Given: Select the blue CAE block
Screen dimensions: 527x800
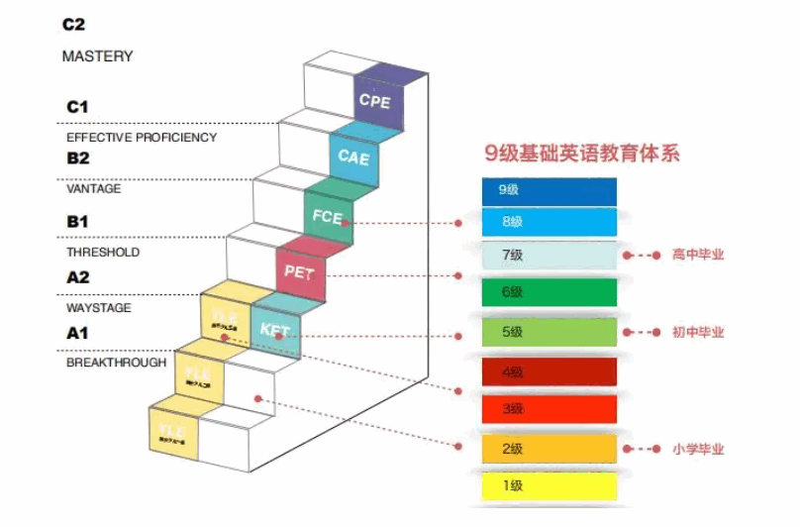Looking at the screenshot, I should (354, 156).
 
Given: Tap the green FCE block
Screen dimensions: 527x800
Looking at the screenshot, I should (328, 214).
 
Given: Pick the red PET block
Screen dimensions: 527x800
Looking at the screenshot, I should (300, 270).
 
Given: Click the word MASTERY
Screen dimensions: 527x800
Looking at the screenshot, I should (97, 56).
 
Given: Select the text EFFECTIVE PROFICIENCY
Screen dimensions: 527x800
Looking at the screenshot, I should (142, 137).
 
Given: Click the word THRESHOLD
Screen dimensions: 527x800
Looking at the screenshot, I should (103, 252).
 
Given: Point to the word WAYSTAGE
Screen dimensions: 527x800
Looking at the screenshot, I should (99, 308).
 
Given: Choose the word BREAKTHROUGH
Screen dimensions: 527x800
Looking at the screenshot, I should (116, 364).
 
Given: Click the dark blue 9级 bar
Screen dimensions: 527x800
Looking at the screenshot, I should (550, 189).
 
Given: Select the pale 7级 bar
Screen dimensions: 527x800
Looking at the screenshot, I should (550, 256).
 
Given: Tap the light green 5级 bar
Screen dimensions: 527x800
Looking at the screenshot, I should (550, 332).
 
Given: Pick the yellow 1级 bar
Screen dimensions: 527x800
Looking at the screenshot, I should (550, 485).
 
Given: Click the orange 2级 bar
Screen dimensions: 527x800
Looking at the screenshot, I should (550, 449).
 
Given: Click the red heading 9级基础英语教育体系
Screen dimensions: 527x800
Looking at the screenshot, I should (582, 154).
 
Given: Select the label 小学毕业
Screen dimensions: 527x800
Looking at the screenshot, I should (698, 449).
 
